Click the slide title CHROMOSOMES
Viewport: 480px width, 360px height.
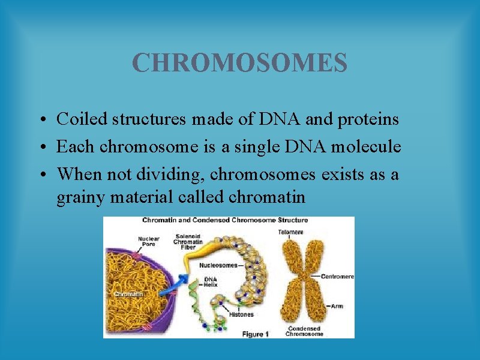pos(239,62)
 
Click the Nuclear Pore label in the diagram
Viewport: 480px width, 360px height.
pos(148,242)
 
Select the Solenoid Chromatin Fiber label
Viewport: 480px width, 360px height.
pos(188,241)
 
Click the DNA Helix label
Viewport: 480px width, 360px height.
pos(211,282)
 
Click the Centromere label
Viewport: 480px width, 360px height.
pos(337,277)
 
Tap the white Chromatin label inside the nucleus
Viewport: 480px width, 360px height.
pos(128,295)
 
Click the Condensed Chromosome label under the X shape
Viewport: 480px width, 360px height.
pos(304,331)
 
